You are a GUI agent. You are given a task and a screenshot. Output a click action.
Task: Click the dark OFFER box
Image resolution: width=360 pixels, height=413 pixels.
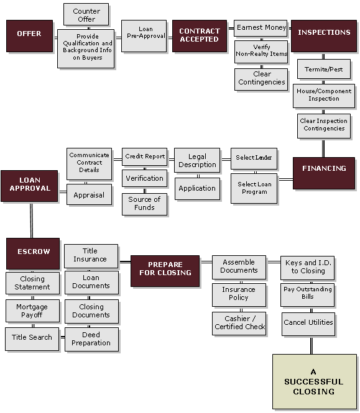point(29,35)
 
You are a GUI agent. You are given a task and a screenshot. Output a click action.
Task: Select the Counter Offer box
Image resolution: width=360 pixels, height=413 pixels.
point(86,14)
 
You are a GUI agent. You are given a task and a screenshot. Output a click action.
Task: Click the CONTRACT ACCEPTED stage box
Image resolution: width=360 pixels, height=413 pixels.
point(199,35)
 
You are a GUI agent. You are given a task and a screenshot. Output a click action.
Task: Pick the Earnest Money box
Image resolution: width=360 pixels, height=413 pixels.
point(261,28)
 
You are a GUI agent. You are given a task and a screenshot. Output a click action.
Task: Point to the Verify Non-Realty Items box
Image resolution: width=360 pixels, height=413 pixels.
point(261,51)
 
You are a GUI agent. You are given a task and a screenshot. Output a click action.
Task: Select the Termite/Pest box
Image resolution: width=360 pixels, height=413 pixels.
point(324,69)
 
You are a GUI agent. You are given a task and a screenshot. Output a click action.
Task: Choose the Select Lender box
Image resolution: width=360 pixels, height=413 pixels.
point(254,158)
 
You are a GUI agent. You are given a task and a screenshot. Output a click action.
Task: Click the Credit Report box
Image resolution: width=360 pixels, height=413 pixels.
point(144,157)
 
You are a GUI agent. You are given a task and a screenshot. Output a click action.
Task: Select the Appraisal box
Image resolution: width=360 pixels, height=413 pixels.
point(89,194)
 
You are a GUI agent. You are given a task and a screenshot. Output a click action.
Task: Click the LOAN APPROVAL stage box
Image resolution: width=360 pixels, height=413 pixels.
point(30,185)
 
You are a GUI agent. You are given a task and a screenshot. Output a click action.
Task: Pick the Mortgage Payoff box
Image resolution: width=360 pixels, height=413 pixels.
point(32,311)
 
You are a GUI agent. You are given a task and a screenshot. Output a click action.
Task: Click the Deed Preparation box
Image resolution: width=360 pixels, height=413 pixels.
point(91,339)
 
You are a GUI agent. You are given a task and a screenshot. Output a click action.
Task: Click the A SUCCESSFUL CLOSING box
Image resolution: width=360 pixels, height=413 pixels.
point(314,381)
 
